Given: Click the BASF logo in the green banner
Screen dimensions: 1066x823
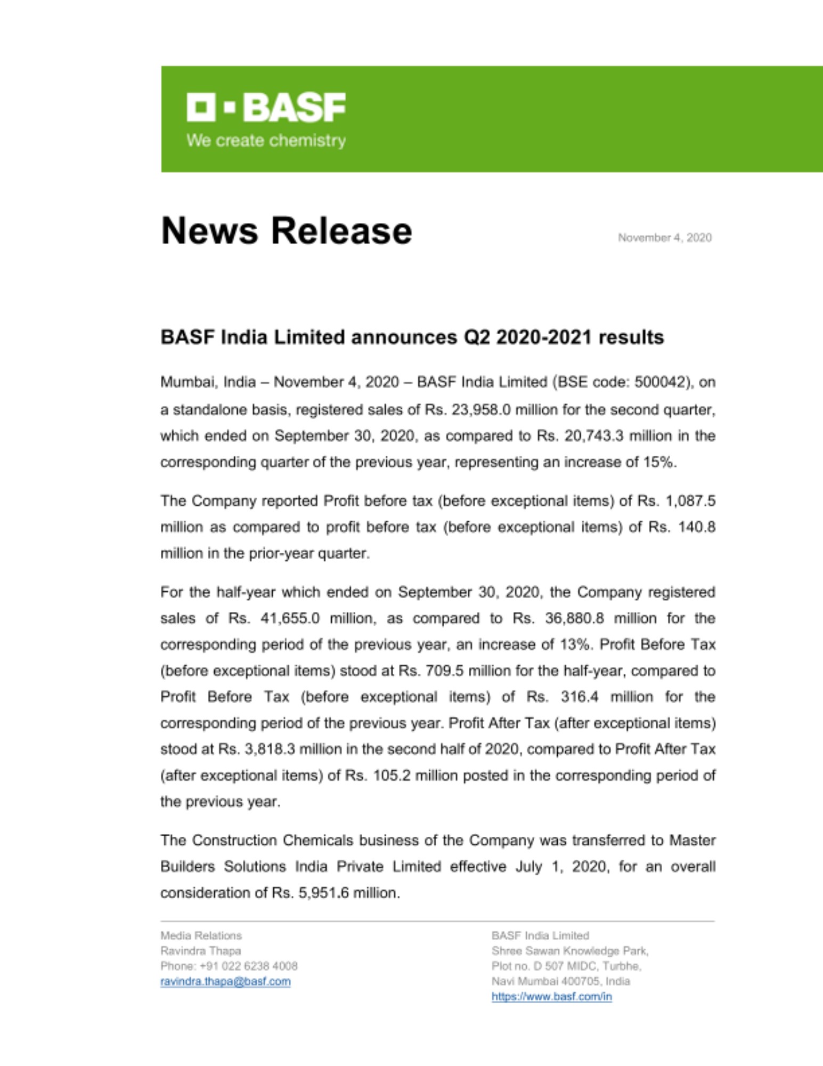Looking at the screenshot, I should click(x=266, y=107).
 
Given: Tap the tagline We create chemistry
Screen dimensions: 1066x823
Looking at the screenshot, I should click(x=266, y=141).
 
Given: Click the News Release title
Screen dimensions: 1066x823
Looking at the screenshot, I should click(x=286, y=231).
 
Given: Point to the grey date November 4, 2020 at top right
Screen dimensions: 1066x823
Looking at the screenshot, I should click(x=664, y=238).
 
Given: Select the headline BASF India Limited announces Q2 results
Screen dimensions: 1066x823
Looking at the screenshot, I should click(x=412, y=337).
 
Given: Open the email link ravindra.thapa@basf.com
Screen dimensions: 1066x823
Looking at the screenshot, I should click(x=225, y=981).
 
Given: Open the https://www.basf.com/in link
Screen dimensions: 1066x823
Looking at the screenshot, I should click(x=551, y=996).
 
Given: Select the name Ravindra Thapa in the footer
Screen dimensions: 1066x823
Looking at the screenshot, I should click(x=200, y=951).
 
